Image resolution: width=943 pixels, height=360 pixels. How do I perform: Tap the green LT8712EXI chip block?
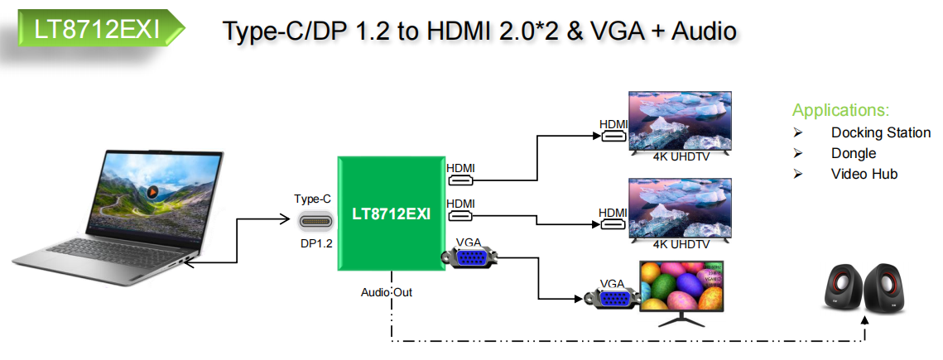tap(390, 213)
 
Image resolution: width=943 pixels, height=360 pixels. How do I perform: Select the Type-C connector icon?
tap(315, 222)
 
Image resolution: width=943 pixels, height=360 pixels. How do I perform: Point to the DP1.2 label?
tap(315, 244)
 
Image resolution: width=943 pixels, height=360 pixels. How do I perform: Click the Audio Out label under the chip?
tap(386, 292)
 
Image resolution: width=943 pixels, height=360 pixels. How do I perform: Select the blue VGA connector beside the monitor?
tap(612, 298)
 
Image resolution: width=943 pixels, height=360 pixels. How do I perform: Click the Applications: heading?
tap(840, 110)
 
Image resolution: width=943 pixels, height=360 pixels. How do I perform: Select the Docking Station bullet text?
tap(880, 132)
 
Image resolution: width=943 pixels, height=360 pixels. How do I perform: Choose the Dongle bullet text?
tap(853, 153)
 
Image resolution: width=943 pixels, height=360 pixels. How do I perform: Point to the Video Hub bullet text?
tap(864, 174)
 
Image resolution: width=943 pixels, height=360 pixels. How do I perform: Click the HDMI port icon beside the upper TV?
tap(613, 137)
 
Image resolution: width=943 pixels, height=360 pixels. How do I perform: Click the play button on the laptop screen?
tap(152, 192)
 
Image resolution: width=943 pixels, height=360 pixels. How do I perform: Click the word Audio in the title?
tap(703, 31)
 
